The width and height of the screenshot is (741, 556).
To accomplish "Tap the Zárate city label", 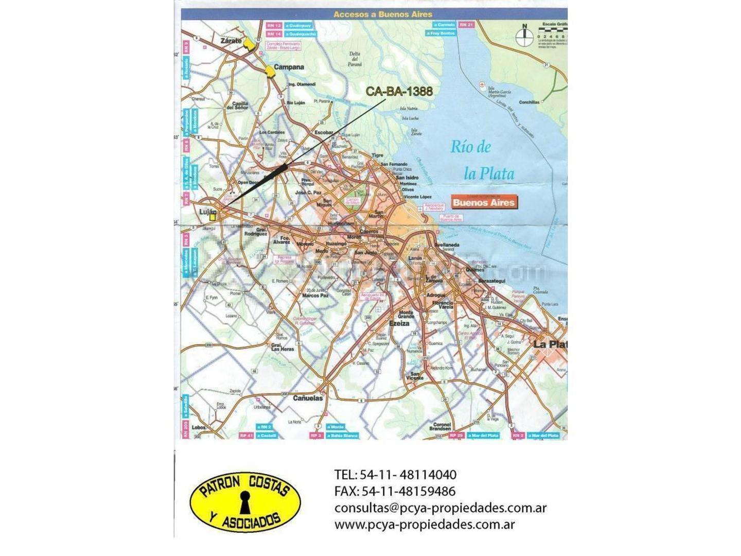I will (x=231, y=41).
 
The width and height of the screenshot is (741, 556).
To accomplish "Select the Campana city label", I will (x=289, y=67).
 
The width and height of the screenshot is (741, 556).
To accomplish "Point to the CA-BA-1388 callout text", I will (x=399, y=92).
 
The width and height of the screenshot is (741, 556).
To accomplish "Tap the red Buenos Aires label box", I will (x=483, y=202).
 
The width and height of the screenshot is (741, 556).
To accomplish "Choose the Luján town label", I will (x=208, y=212).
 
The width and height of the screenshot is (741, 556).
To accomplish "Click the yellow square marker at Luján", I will (x=213, y=217).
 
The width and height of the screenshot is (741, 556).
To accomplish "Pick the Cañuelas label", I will (x=308, y=398).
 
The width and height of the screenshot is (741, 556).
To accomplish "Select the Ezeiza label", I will (x=399, y=323).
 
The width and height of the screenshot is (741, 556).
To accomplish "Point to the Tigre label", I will (x=378, y=155).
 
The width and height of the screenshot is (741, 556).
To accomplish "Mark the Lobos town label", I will (x=198, y=427).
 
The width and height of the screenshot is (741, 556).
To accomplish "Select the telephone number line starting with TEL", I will (x=395, y=475).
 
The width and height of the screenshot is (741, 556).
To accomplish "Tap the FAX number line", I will (x=395, y=492).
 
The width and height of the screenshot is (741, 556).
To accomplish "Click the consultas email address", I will (x=440, y=508).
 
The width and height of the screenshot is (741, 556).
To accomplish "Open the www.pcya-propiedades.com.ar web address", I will (x=425, y=525).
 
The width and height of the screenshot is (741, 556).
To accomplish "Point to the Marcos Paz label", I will (x=315, y=296).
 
